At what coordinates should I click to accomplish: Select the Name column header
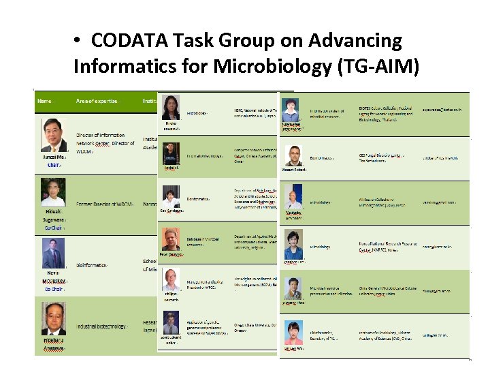(44, 101)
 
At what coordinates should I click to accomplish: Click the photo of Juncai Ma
(54, 135)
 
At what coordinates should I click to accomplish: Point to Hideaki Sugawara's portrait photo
(53, 193)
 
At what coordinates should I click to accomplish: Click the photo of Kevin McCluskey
(53, 258)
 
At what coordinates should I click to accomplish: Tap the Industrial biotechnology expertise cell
(101, 326)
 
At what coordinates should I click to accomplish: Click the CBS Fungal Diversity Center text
(381, 157)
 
